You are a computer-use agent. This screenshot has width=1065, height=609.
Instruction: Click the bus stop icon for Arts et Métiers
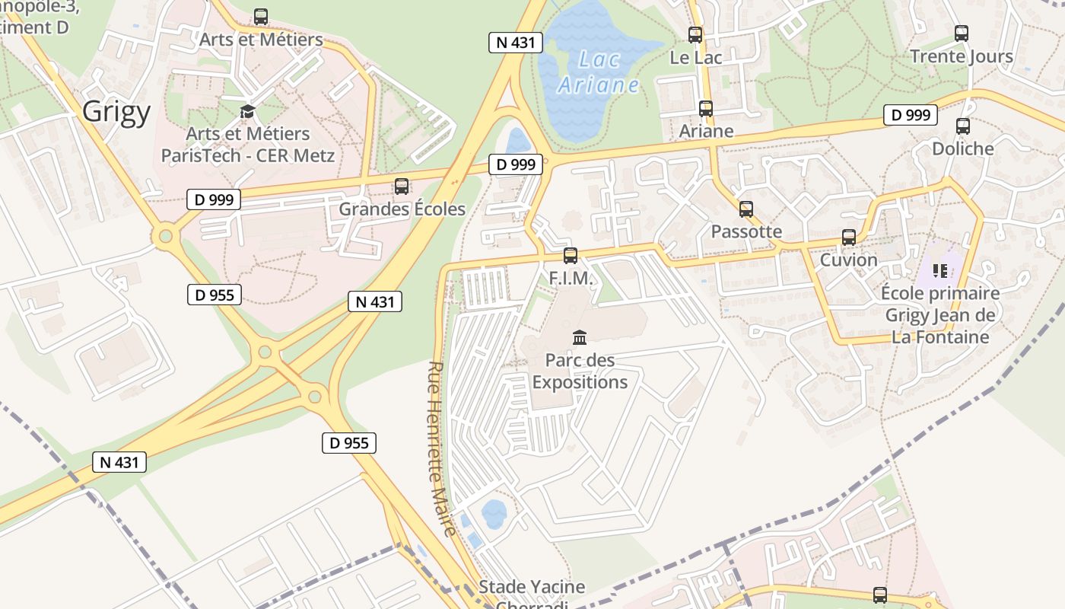click(x=261, y=16)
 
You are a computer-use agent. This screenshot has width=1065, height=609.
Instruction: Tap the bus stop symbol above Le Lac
click(x=695, y=34)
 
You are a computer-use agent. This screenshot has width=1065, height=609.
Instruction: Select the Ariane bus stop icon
click(x=706, y=109)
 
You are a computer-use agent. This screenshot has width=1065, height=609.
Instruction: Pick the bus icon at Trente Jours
click(x=962, y=33)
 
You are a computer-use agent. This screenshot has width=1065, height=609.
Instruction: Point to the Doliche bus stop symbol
click(x=963, y=126)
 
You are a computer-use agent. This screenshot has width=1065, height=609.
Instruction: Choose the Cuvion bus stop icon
click(x=849, y=238)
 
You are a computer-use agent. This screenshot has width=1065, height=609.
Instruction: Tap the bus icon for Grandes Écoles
click(x=402, y=187)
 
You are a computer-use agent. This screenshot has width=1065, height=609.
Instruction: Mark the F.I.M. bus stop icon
click(x=571, y=256)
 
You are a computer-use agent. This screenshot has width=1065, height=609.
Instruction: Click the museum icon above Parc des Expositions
click(x=580, y=337)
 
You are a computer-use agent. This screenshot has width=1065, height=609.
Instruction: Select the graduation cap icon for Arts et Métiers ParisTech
click(x=247, y=112)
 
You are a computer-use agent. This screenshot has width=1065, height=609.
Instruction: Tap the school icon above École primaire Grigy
click(x=940, y=270)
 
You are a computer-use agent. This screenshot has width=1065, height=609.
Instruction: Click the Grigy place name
click(x=116, y=112)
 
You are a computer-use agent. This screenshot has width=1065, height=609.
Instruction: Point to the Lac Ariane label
click(x=599, y=72)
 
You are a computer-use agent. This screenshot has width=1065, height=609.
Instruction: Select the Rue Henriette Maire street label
click(x=442, y=448)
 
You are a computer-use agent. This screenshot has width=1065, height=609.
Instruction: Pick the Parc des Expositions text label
click(x=580, y=371)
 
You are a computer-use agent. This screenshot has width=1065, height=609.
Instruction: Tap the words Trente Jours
click(x=962, y=56)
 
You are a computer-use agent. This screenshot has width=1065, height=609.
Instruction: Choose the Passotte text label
click(x=746, y=231)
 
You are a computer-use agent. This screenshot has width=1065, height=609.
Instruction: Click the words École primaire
click(x=940, y=293)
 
